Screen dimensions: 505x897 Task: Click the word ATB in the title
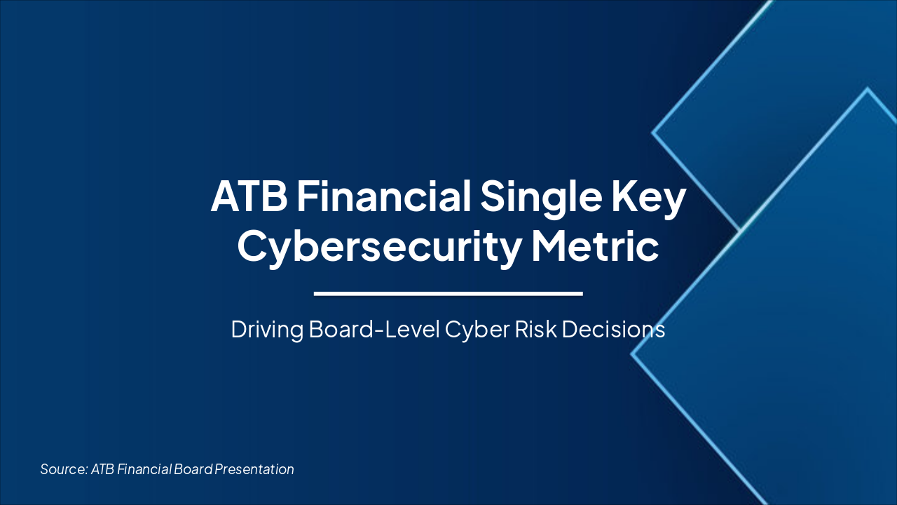[x=249, y=197]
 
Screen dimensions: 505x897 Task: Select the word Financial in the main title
[x=383, y=197]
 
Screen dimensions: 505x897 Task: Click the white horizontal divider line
[x=448, y=293]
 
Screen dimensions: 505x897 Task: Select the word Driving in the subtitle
[x=266, y=330]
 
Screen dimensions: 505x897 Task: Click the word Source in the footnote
[x=63, y=469]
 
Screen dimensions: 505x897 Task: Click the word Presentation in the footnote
[x=254, y=469]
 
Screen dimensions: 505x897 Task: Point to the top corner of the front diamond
[x=868, y=89]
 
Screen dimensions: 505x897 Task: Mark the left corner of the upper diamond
[x=653, y=132]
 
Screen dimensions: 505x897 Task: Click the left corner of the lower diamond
[x=632, y=354]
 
